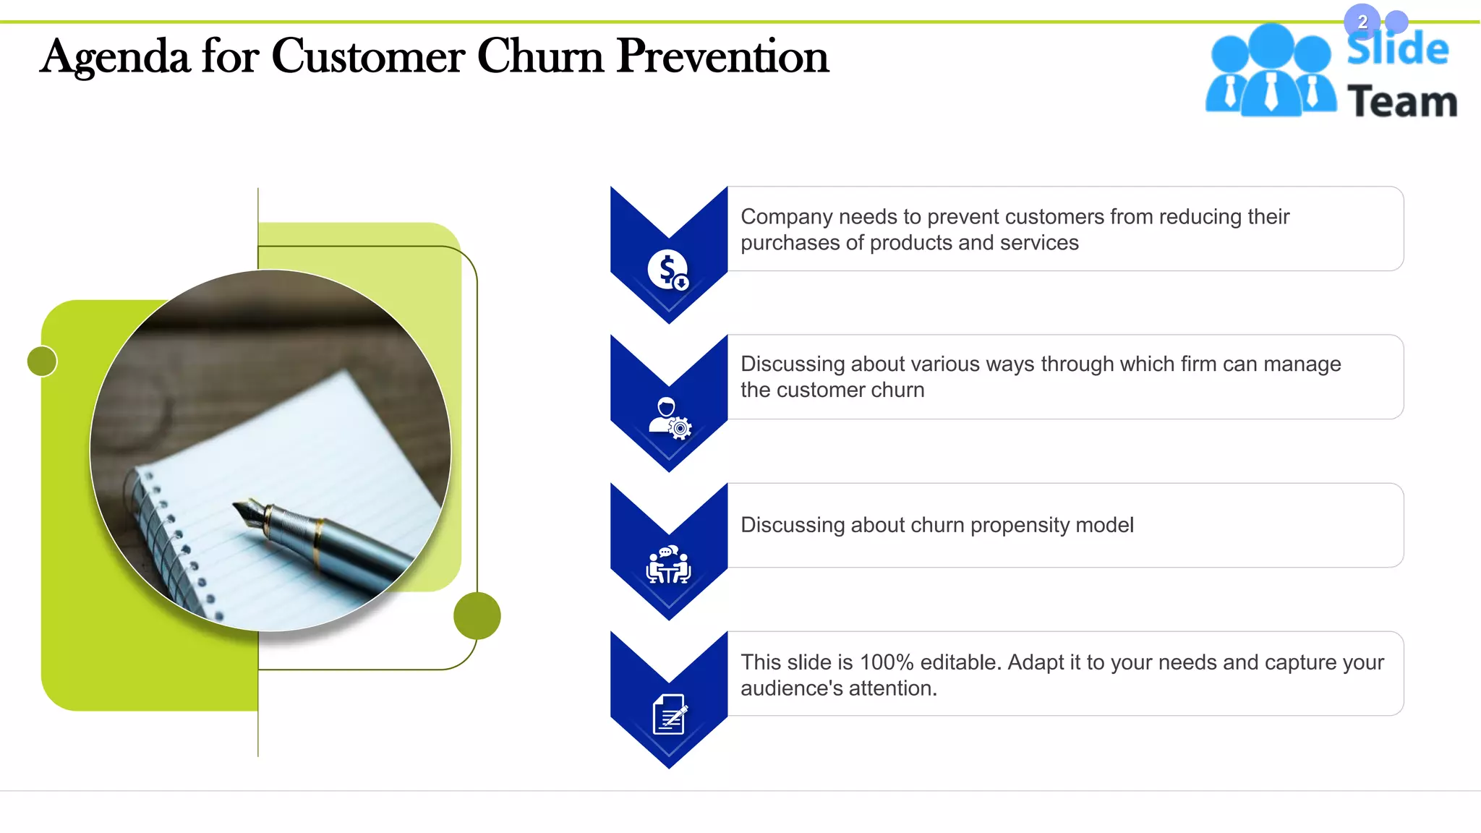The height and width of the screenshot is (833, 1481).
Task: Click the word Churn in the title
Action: (x=539, y=56)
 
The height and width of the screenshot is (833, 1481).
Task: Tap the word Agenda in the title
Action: (x=114, y=58)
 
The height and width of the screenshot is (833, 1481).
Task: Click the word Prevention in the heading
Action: (x=722, y=56)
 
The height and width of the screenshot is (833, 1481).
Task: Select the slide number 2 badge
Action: (x=1362, y=22)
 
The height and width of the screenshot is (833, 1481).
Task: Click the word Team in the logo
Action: (x=1401, y=101)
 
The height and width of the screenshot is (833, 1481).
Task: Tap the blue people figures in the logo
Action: (x=1271, y=72)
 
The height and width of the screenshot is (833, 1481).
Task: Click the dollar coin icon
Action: (x=667, y=270)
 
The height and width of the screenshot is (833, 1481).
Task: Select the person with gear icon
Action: (x=669, y=418)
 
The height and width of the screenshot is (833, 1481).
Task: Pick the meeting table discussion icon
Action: (x=668, y=565)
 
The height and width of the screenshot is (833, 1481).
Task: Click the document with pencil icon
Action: (x=669, y=714)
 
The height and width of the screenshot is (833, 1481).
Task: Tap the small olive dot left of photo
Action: (x=42, y=361)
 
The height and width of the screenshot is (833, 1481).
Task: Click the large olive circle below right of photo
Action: (x=477, y=615)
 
